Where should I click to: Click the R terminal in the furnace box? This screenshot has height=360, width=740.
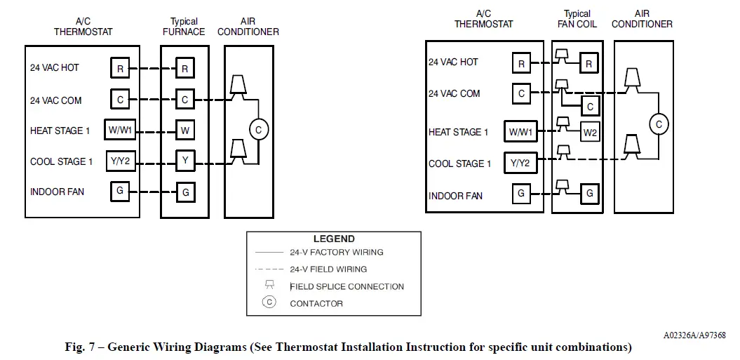pos(184,68)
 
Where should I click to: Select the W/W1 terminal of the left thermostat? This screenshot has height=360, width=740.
pos(120,130)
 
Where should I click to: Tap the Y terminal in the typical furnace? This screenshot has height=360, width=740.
pos(184,161)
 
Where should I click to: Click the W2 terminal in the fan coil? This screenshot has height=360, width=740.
pos(590,132)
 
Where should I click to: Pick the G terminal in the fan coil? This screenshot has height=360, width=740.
pos(590,192)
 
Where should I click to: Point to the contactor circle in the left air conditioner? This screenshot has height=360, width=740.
pos(258,131)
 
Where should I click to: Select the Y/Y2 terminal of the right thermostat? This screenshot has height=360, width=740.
pos(520,164)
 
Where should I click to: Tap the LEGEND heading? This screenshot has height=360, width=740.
pos(333,239)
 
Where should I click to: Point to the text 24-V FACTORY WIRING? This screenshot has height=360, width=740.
pos(336,252)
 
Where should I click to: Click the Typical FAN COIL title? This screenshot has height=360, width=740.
pos(577,19)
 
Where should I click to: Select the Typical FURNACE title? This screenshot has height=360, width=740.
pos(184,27)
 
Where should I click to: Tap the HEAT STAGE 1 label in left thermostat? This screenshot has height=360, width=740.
pos(60,131)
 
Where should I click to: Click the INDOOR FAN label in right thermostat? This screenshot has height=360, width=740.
pos(455,196)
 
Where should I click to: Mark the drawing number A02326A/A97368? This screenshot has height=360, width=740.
pos(694,335)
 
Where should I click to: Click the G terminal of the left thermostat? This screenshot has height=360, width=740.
pos(120,191)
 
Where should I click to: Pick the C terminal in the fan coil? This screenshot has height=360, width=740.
pos(590,107)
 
